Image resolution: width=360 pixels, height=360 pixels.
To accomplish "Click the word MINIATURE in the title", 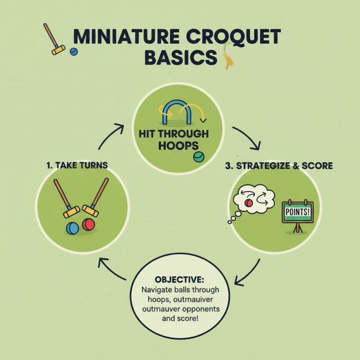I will click(x=118, y=38).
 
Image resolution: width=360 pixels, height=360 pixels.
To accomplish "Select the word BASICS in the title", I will click(x=180, y=59).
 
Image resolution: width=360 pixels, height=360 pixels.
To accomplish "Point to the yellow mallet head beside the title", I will click(x=58, y=49).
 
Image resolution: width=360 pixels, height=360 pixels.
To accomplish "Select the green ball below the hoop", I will click(x=198, y=157).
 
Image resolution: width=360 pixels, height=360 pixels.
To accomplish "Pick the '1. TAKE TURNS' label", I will click(x=76, y=165).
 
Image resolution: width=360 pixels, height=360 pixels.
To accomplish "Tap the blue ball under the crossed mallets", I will click(x=72, y=228).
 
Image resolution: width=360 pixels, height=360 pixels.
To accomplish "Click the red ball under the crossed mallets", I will click(x=89, y=225).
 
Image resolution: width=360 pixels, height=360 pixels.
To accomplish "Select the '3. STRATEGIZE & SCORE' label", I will click(x=279, y=166).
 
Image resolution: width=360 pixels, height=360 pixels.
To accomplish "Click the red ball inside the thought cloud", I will click(x=248, y=203).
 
